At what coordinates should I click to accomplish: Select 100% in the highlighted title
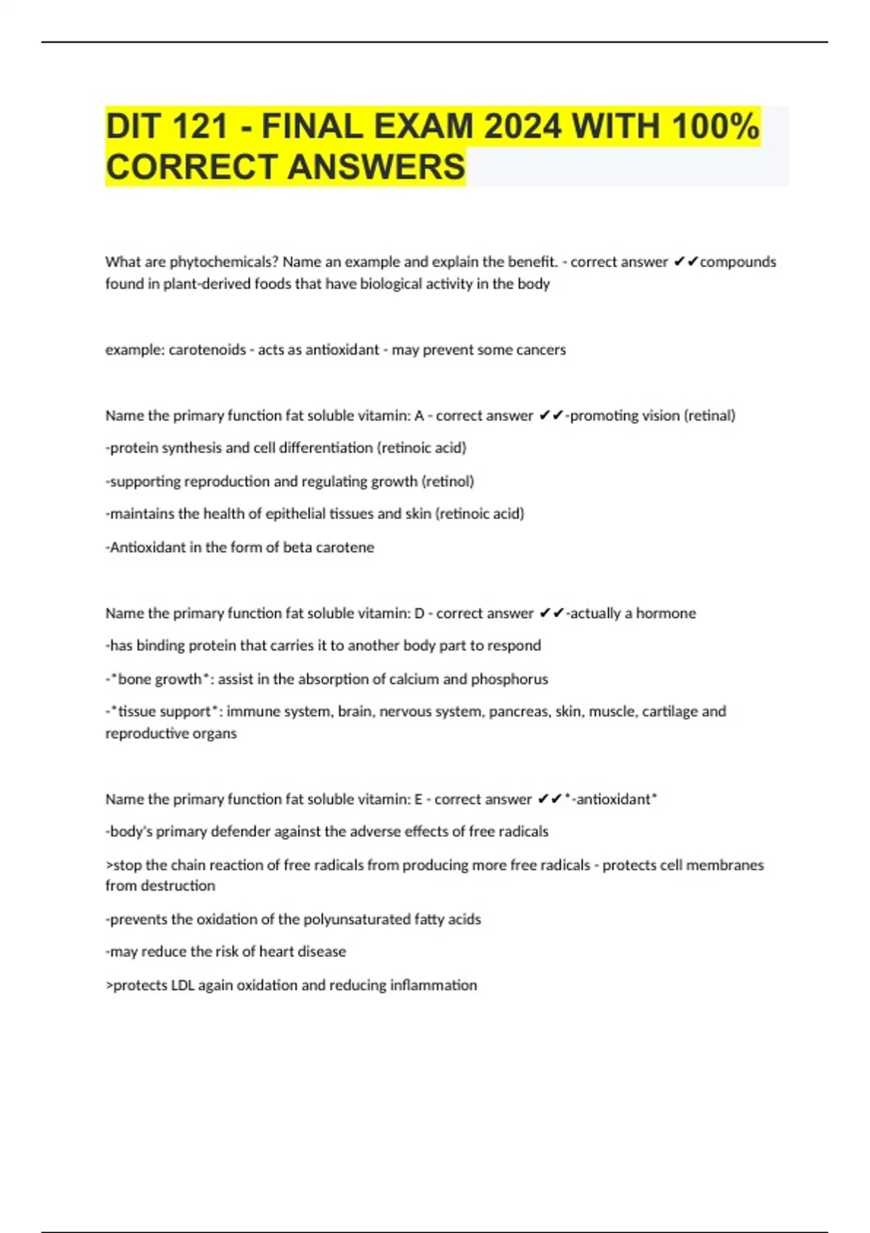pyautogui.click(x=715, y=127)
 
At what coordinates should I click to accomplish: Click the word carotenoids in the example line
pyautogui.click(x=207, y=350)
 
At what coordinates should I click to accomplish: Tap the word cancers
pyautogui.click(x=542, y=350)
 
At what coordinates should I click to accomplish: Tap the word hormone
pyautogui.click(x=666, y=614)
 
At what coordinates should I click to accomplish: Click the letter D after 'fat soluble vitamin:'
pyautogui.click(x=419, y=614)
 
